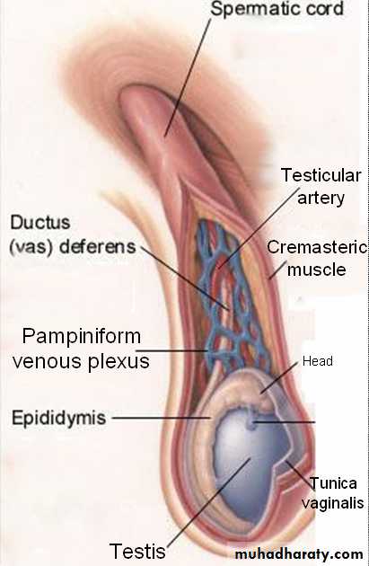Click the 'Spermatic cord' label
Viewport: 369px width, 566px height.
coord(277,9)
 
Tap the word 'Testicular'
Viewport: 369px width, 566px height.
coord(321,175)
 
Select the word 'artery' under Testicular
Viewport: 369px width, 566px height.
coord(321,199)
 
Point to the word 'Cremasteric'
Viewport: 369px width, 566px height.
coord(317,248)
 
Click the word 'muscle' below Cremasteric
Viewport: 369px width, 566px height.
coord(316,270)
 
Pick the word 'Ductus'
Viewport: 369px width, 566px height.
coord(40,223)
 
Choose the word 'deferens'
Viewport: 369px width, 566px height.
coord(97,247)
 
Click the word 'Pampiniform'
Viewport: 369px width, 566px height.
coord(82,337)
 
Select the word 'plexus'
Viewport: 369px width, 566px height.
coord(119,362)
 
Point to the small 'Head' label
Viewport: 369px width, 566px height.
coord(318,361)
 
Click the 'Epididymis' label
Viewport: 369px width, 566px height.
coord(58,419)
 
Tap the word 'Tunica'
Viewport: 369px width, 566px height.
coord(333,483)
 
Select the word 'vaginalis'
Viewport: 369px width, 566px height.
coord(332,503)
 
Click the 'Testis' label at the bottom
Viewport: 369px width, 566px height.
coord(137,552)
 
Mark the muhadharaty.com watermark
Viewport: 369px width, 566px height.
coord(299,553)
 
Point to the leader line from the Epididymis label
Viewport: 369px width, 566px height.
coord(162,418)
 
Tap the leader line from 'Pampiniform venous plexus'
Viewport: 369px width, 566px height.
coord(171,350)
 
